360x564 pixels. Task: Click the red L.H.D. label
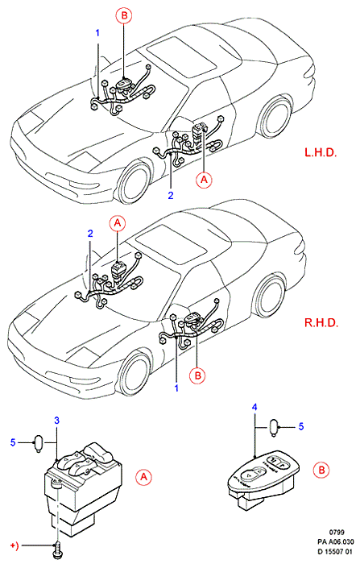coord(321,152)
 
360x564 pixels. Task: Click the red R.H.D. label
coord(321,322)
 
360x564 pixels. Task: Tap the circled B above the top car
coord(124,16)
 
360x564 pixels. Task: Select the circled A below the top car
coord(204,179)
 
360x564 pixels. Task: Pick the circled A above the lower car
coord(118,223)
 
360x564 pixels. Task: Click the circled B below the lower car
coord(197,376)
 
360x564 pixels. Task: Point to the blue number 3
coord(57,420)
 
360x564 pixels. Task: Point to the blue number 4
coord(254,407)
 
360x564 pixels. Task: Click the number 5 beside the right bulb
coord(301,426)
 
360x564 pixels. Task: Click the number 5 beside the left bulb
coord(13,442)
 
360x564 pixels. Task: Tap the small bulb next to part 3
coord(38,442)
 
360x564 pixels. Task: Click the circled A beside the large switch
coord(143,477)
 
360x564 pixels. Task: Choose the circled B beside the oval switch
coord(321,470)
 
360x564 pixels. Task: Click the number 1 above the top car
coord(97,33)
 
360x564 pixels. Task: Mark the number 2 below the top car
coord(171,195)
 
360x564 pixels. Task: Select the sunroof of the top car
coord(182,59)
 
